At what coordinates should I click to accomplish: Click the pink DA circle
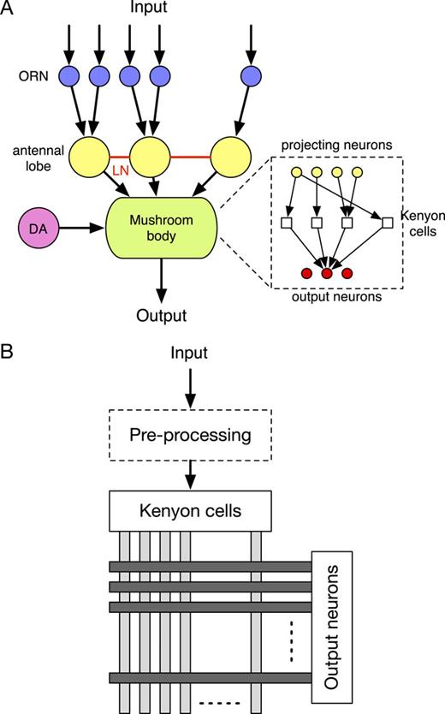tap(39, 229)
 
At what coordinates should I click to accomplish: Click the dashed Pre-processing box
tap(190, 434)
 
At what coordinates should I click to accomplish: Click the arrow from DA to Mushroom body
tap(82, 229)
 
